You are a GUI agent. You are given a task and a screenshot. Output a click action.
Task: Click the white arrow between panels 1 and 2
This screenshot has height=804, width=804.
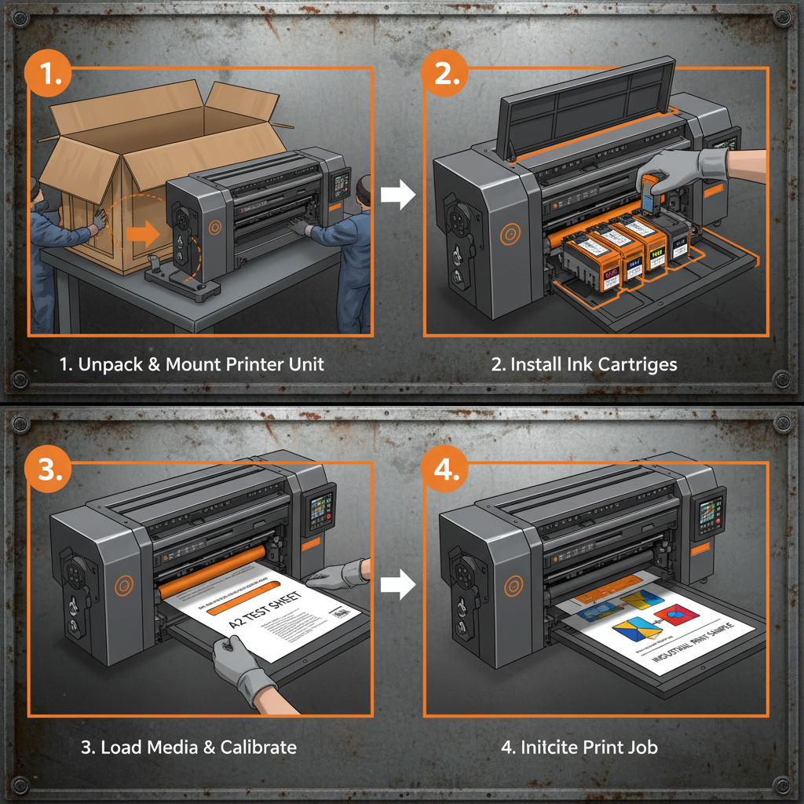(x=398, y=196)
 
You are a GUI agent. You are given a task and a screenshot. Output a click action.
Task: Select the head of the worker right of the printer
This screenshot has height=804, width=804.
(x=362, y=189)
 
